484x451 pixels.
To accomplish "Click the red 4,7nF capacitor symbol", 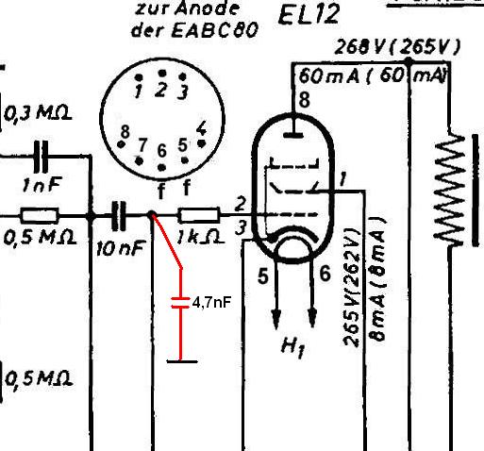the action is tap(180, 303).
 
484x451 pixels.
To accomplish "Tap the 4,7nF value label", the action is tap(212, 303).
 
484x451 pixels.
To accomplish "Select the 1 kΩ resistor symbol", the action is tap(199, 215).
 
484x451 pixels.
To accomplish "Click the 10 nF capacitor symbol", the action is tap(119, 216).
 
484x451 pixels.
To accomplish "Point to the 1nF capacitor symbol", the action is tap(42, 156).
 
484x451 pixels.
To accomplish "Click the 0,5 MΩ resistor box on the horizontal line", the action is tap(40, 215).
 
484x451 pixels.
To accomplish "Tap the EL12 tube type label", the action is tap(309, 14).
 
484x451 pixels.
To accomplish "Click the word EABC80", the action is tap(215, 30).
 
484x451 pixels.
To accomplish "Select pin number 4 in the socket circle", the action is tap(201, 129).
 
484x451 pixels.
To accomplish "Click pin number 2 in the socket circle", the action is tap(160, 90).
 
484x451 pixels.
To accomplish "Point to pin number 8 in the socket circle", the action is tap(125, 131).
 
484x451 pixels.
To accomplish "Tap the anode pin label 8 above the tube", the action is tap(304, 100).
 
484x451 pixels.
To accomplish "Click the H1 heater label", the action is tap(292, 347).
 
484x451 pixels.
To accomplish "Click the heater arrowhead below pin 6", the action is tap(312, 318).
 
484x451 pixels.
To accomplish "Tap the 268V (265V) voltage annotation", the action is tap(397, 47).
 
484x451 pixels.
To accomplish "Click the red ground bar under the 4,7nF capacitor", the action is tap(182, 361).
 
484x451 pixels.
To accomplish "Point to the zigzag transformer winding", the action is tap(450, 190).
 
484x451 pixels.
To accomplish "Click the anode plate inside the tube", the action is tap(293, 135).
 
